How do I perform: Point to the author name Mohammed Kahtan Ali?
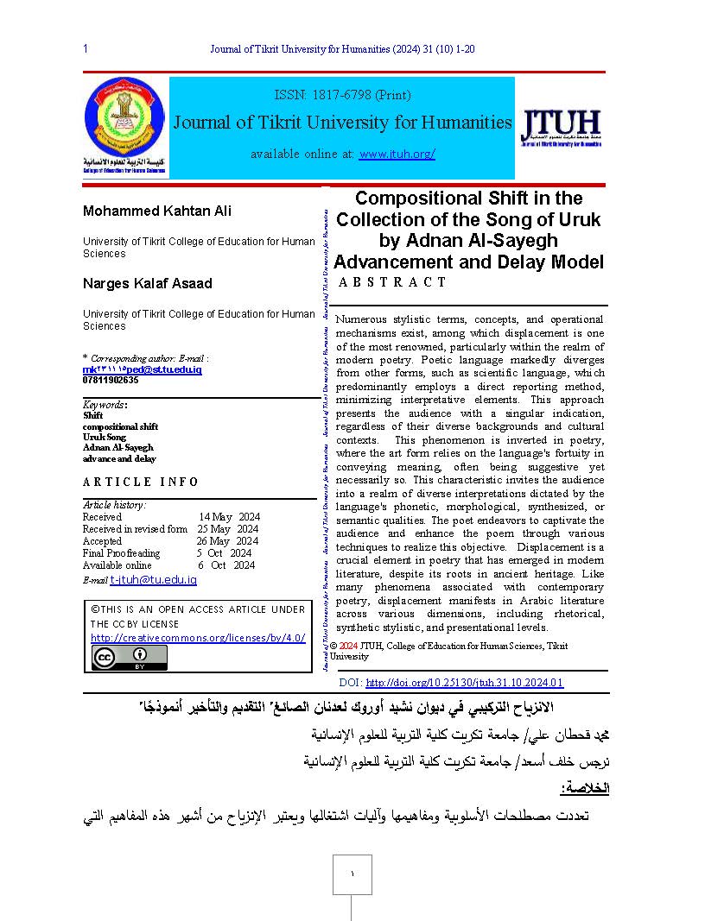tap(156, 211)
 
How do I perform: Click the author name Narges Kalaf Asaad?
tap(147, 284)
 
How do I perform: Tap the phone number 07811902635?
tap(111, 380)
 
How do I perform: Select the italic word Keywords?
tap(104, 405)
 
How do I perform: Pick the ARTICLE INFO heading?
tap(141, 483)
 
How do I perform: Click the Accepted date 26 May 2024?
tap(227, 541)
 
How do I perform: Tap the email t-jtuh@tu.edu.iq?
tap(154, 580)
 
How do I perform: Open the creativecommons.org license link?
tap(198, 638)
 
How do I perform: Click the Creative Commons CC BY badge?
tap(130, 658)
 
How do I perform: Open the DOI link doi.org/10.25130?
tap(465, 683)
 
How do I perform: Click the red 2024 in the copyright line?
tap(348, 646)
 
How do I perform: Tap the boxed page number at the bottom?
tap(352, 874)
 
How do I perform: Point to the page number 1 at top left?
tap(86, 49)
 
